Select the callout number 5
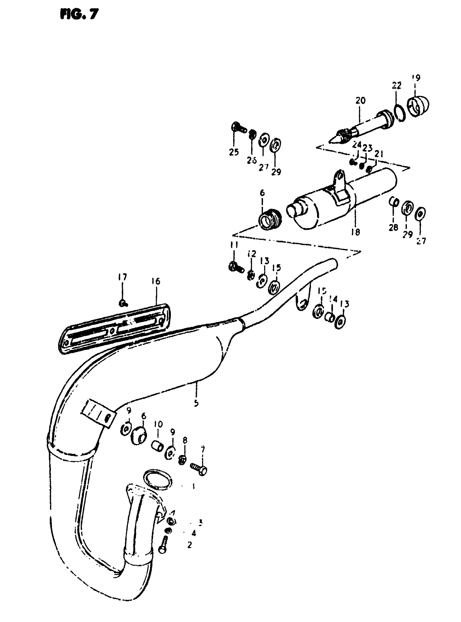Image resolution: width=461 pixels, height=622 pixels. [x=196, y=403]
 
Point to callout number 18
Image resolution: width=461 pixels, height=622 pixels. [x=356, y=232]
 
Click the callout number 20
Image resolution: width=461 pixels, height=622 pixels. [x=360, y=100]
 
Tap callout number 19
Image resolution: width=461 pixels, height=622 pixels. [x=416, y=78]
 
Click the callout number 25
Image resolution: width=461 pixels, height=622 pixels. [x=234, y=152]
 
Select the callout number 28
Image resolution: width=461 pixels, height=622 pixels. [x=393, y=228]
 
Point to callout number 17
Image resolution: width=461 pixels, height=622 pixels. [x=122, y=277]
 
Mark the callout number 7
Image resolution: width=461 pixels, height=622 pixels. [x=203, y=449]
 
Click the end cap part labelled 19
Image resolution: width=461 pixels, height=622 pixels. [x=419, y=107]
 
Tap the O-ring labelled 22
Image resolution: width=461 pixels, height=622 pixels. [x=401, y=113]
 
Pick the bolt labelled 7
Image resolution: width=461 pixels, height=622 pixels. [x=199, y=468]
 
